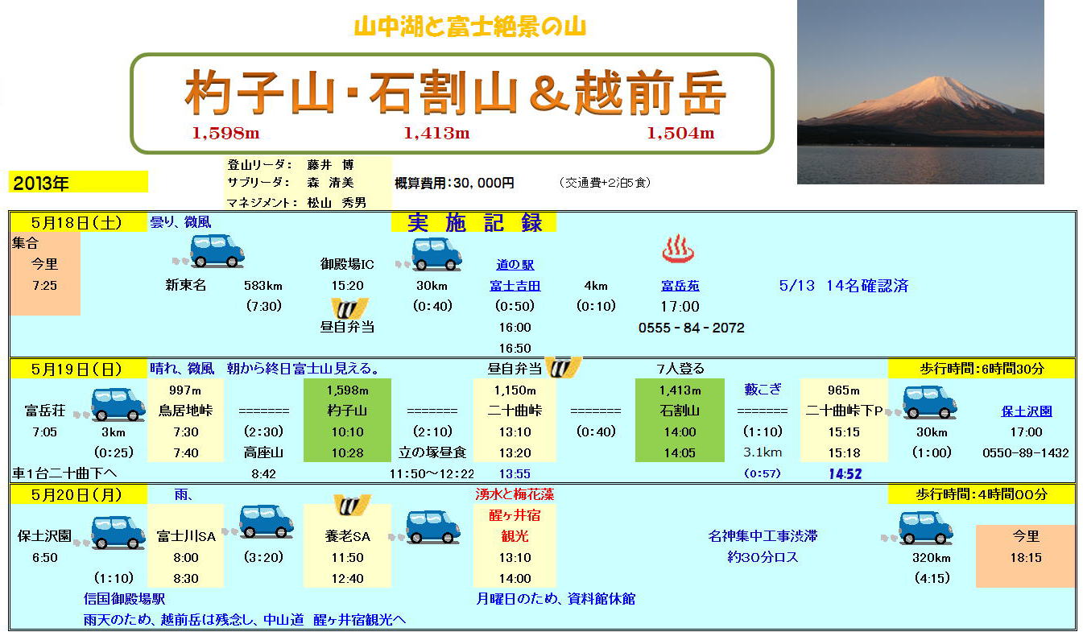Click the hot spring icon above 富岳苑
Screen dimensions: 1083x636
(x=678, y=249)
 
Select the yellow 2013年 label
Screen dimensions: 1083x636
(x=78, y=182)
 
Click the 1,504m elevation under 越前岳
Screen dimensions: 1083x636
(x=680, y=133)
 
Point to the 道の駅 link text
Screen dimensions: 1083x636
(x=515, y=264)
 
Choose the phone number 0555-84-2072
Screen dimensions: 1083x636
(x=691, y=328)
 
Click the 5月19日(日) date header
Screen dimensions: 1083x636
(x=76, y=370)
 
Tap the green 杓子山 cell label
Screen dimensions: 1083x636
(x=347, y=411)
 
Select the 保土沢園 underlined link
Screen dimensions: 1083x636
(x=1026, y=411)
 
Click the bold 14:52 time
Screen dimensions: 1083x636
(x=845, y=473)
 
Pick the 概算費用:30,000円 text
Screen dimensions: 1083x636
(x=454, y=183)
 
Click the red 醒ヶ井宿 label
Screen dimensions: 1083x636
(x=515, y=515)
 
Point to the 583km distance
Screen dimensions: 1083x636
(x=263, y=286)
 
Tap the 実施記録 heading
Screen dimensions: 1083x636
(x=474, y=222)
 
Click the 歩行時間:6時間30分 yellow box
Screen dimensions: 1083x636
(x=982, y=370)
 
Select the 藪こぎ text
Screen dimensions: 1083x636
(x=763, y=390)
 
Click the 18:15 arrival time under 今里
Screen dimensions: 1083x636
(x=1026, y=557)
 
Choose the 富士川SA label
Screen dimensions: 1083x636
(x=186, y=536)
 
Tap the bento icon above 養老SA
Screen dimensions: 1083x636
(x=352, y=505)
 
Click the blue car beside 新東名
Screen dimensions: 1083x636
(x=216, y=251)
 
